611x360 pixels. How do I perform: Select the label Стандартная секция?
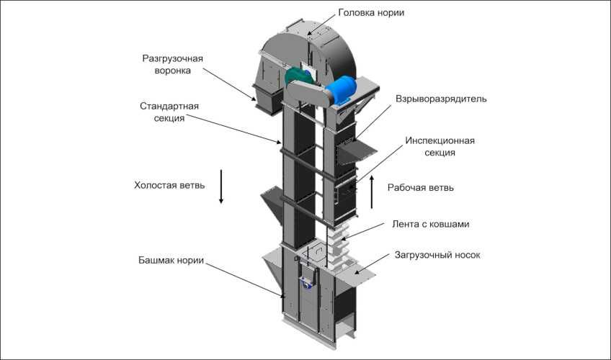[x=169, y=112]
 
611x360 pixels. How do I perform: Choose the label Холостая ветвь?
[x=169, y=185]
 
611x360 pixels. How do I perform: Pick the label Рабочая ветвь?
[x=421, y=187]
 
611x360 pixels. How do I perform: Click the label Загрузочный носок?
[x=437, y=255]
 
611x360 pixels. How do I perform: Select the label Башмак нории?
[x=171, y=259]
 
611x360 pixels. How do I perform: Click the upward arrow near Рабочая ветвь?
[x=372, y=189]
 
